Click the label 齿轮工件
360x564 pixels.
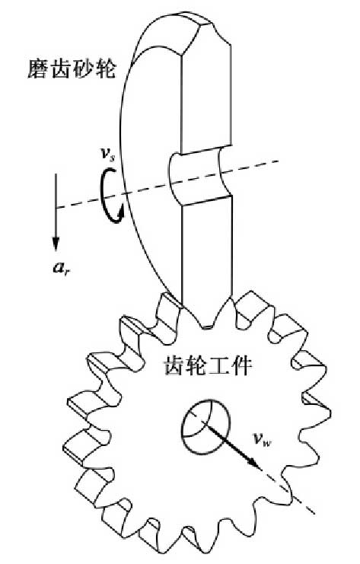click(x=208, y=365)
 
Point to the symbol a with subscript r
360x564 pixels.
click(x=62, y=267)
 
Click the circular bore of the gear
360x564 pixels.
click(x=205, y=426)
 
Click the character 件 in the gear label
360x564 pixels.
click(x=241, y=365)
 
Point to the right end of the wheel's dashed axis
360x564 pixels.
click(x=279, y=161)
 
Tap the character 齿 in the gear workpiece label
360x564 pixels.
click(x=174, y=365)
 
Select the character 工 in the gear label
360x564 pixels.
click(x=219, y=365)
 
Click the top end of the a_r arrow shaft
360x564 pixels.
click(x=56, y=174)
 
